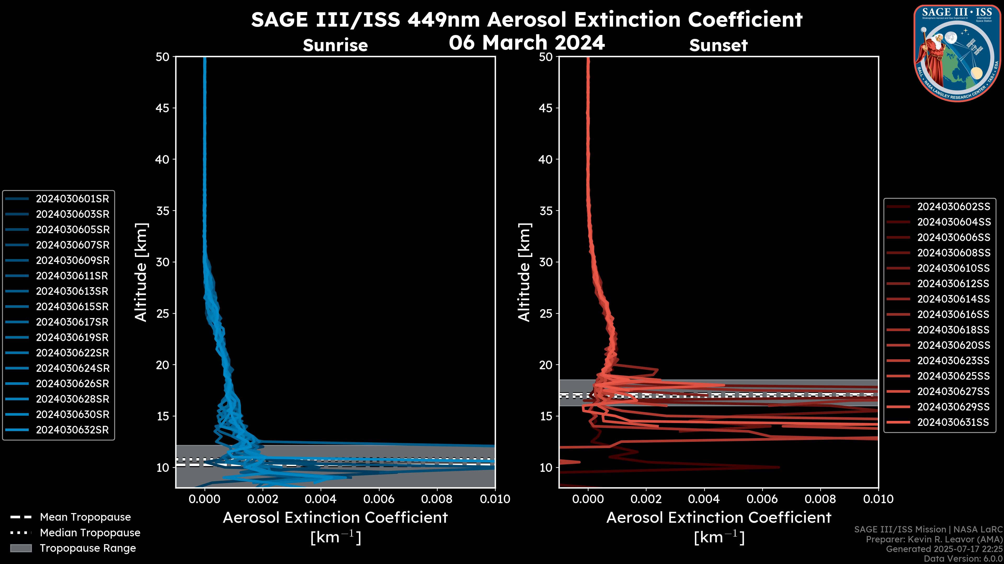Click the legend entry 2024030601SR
72,199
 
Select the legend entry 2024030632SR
72,430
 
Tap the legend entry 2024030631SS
953,422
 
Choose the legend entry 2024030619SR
72,337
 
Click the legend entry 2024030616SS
953,314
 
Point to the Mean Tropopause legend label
85,517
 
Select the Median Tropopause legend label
90,533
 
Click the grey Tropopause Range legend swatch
21,548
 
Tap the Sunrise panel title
335,45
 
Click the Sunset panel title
718,45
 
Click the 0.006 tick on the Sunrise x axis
379,499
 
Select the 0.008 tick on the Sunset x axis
820,499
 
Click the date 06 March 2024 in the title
527,42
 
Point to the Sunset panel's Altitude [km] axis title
524,272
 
